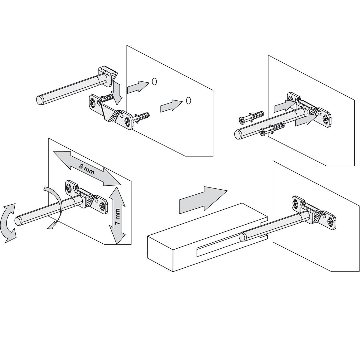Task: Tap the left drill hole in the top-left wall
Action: tap(154, 81)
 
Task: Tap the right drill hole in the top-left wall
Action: tap(188, 100)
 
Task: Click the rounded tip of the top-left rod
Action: tap(39, 100)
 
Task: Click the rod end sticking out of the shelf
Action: tap(242, 236)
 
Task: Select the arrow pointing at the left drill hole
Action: tap(138, 86)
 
